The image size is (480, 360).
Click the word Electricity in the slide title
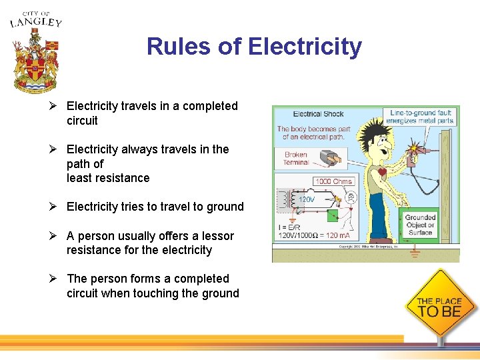click(x=305, y=47)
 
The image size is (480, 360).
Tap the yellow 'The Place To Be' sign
click(x=439, y=306)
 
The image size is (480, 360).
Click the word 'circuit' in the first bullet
click(x=82, y=121)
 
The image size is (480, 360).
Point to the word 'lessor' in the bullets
click(x=217, y=236)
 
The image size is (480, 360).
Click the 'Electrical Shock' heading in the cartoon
click(x=319, y=114)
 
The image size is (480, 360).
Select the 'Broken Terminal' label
click(x=295, y=159)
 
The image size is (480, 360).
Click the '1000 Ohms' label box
click(x=333, y=181)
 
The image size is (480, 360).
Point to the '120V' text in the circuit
click(x=306, y=199)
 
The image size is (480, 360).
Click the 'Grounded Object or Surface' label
click(x=420, y=225)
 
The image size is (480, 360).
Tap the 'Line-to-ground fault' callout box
click(x=421, y=116)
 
